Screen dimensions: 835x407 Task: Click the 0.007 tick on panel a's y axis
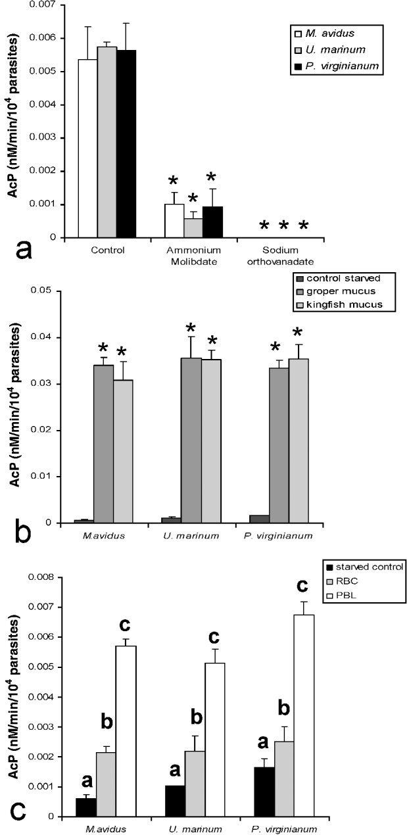47,5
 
